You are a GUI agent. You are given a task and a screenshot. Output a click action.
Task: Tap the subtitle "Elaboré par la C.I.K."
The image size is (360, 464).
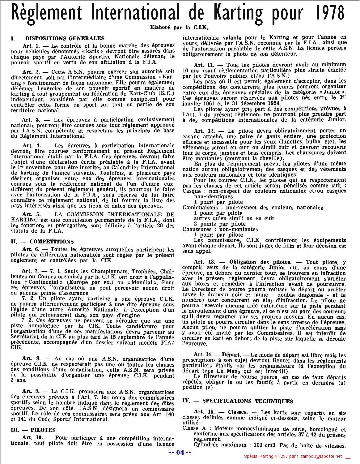click(x=180, y=27)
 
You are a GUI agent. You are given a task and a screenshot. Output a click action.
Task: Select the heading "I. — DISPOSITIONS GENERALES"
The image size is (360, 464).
click(x=58, y=38)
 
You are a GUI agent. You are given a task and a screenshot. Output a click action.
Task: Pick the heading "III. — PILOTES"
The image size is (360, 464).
click(x=33, y=430)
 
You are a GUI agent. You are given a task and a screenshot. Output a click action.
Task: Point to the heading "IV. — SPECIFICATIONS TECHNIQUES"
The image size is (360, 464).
click(x=238, y=401)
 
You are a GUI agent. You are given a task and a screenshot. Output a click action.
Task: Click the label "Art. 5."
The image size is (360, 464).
click(x=31, y=214)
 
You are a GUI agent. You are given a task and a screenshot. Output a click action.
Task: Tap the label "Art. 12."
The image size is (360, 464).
click(x=204, y=131)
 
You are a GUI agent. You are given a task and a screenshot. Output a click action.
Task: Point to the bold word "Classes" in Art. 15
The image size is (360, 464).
click(x=237, y=412)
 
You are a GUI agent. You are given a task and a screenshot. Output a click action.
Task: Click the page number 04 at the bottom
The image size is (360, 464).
click(x=180, y=453)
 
